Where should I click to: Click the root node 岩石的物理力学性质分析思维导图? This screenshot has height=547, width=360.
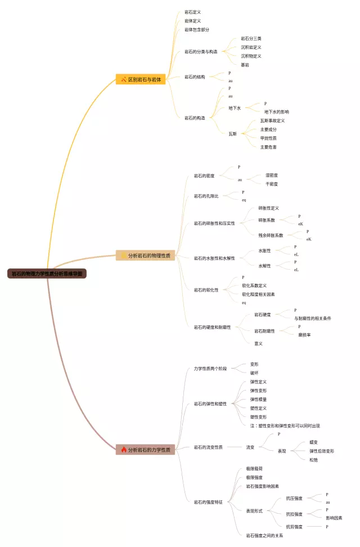click(x=48, y=273)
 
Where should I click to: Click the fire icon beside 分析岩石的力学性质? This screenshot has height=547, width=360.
click(x=124, y=450)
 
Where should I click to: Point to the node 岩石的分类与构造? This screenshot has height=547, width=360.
click(x=201, y=52)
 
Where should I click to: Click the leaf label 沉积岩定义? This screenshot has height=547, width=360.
click(x=251, y=47)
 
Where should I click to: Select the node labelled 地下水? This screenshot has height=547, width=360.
click(x=235, y=108)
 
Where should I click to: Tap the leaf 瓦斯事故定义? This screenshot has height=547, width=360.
click(x=272, y=120)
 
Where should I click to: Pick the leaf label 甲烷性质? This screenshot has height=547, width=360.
click(x=268, y=138)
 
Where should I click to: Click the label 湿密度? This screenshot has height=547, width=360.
click(x=272, y=175)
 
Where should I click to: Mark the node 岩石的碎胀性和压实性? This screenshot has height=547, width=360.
click(x=214, y=223)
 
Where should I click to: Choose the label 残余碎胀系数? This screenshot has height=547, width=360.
click(x=271, y=235)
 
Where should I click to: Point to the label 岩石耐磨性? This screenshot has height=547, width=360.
click(x=264, y=331)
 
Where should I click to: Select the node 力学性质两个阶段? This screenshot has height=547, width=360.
click(x=210, y=369)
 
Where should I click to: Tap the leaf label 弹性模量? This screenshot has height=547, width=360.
click(x=258, y=399)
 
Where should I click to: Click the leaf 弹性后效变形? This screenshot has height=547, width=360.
click(x=322, y=451)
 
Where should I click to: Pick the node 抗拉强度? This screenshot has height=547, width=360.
click(x=294, y=514)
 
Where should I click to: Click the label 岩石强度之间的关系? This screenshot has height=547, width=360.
click(x=264, y=535)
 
